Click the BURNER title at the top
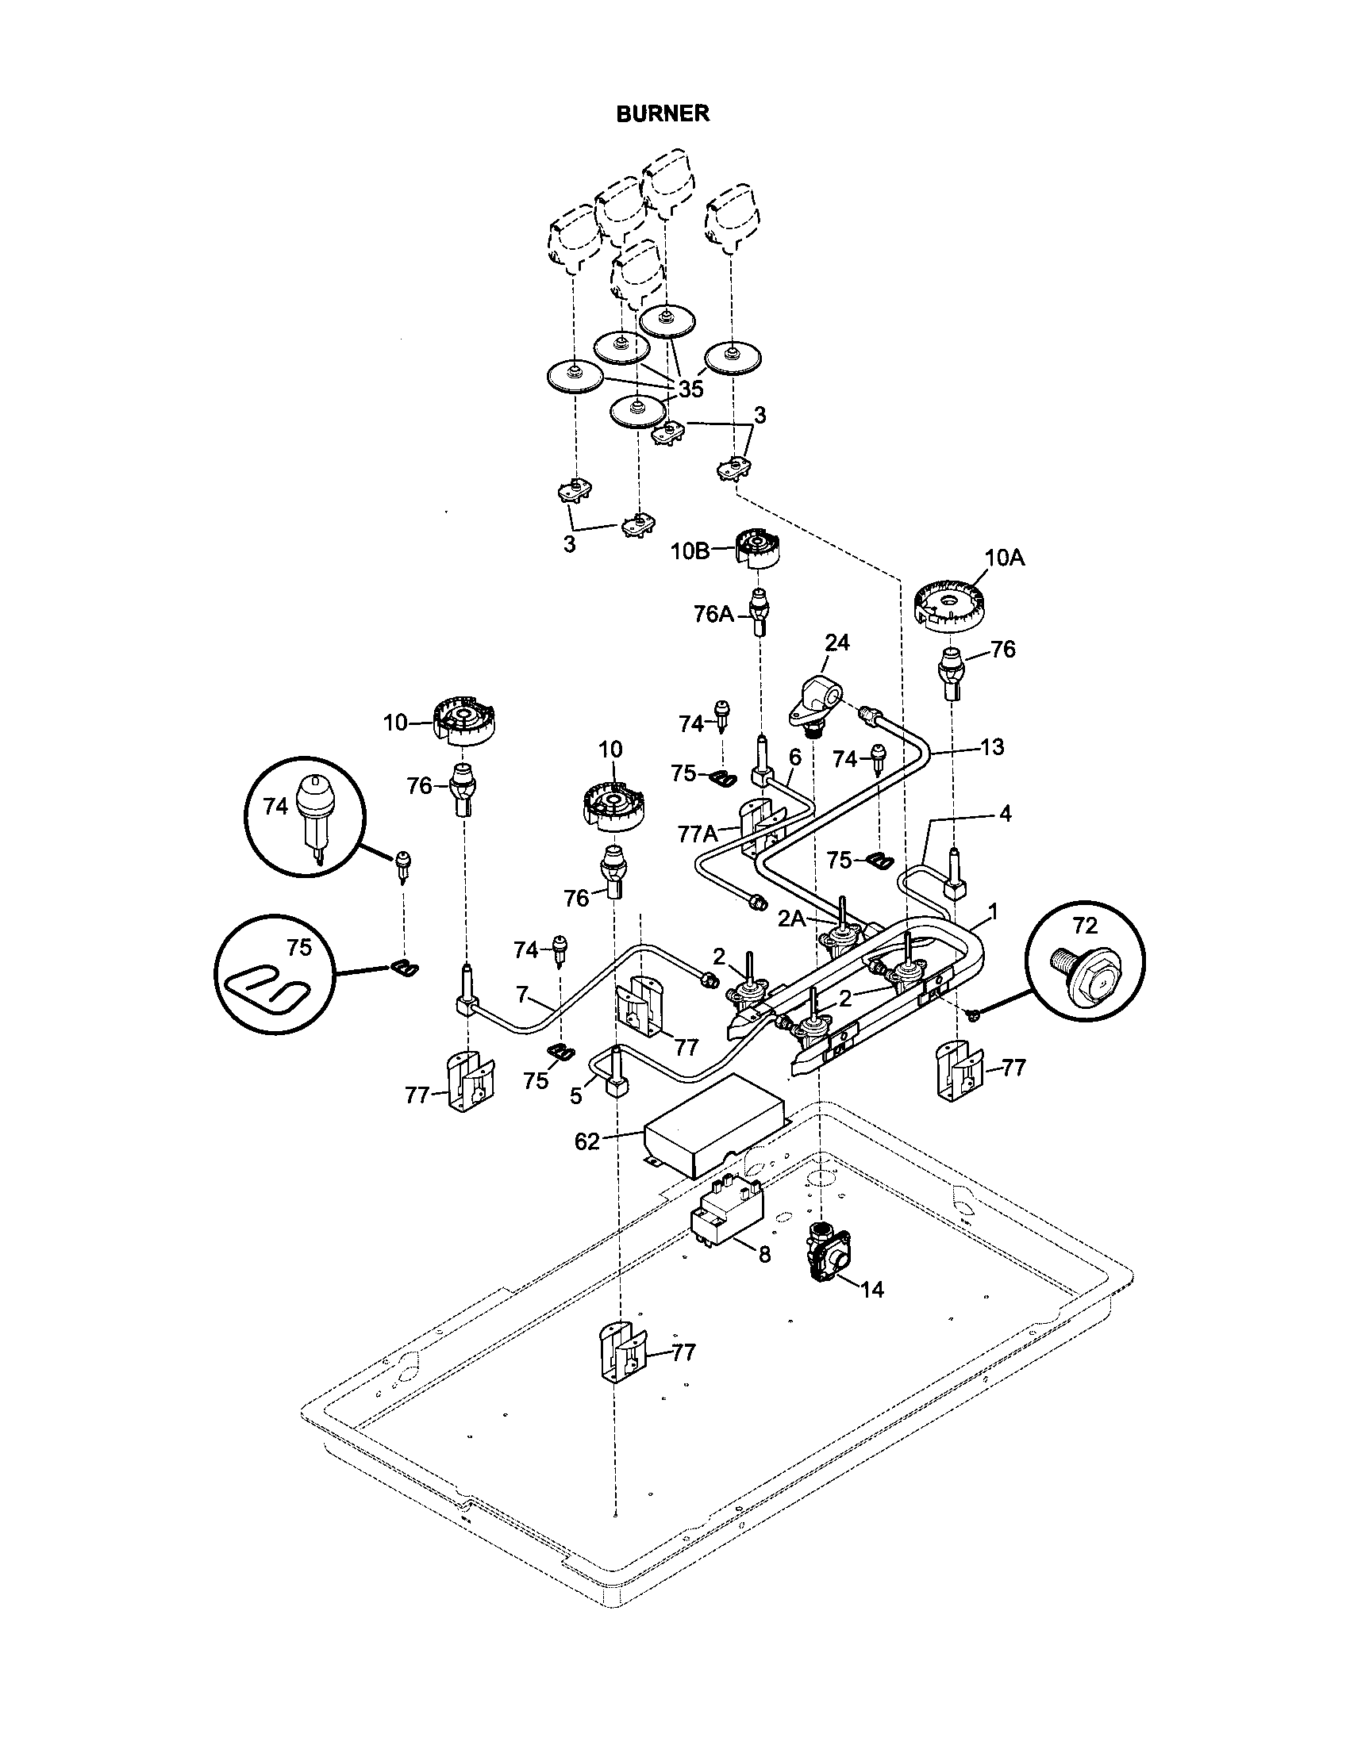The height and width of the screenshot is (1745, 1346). [x=662, y=113]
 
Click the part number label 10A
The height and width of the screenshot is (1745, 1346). [x=1004, y=558]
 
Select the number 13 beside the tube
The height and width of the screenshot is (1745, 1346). [x=991, y=747]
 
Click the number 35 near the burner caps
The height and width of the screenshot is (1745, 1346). [x=690, y=389]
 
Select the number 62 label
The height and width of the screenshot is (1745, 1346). [x=586, y=1141]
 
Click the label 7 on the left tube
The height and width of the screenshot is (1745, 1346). [x=521, y=995]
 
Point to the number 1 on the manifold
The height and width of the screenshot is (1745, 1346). [x=993, y=910]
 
